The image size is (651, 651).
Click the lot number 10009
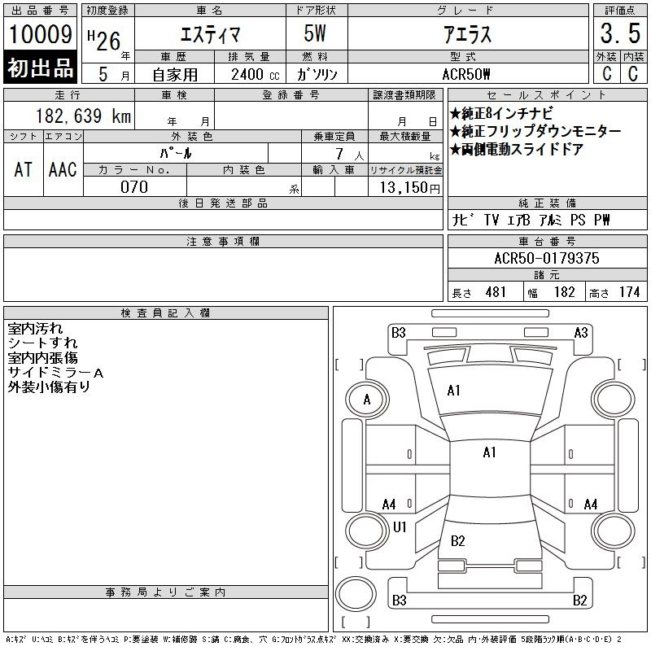[40, 34]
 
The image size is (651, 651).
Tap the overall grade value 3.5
[618, 34]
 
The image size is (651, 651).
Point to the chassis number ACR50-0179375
[547, 258]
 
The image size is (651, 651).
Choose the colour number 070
[134, 186]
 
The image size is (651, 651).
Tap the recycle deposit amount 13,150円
[404, 187]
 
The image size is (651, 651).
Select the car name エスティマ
[204, 34]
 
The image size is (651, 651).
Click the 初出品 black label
[40, 68]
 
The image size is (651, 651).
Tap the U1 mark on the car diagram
[400, 527]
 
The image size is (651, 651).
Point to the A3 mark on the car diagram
[581, 332]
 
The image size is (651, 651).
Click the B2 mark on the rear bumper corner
[579, 601]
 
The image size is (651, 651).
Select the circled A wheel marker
[367, 400]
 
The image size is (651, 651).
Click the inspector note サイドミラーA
[55, 373]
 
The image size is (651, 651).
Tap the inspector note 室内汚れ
[35, 329]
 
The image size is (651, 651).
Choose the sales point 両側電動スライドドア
[516, 150]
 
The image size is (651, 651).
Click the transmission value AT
[24, 169]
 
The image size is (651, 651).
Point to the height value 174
[629, 292]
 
